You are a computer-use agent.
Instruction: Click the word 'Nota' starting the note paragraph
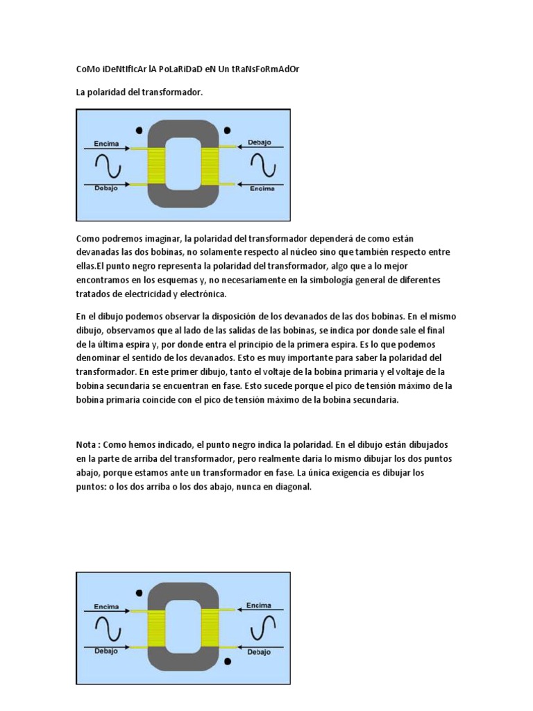[x=87, y=443]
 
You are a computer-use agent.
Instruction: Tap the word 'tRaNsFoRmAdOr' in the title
[x=265, y=69]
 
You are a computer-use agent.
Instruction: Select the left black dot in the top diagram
[x=139, y=130]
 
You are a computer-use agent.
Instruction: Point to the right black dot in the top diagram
[x=228, y=130]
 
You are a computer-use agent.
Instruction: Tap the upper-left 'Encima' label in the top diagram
[x=105, y=144]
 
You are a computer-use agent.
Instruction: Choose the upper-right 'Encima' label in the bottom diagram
[x=259, y=605]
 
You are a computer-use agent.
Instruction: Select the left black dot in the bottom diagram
[x=139, y=592]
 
